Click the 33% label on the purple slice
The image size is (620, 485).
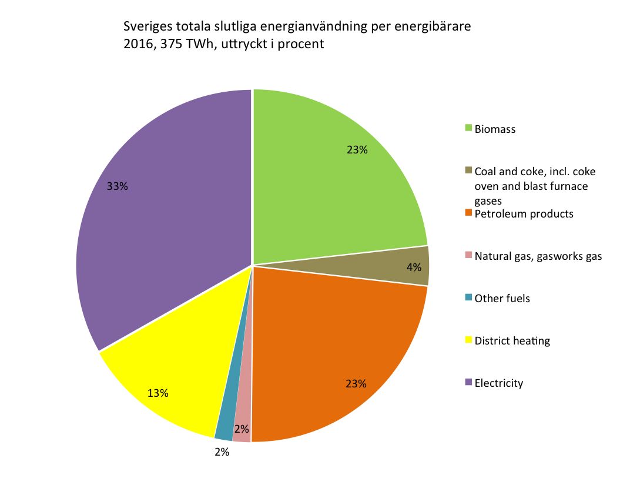click(x=118, y=186)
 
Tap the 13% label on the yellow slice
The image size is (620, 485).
click(x=158, y=393)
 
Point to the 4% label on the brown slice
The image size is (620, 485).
click(x=414, y=267)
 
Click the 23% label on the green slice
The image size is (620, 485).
click(x=357, y=150)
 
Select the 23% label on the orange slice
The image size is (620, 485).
click(x=356, y=384)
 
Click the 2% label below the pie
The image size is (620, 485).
click(x=222, y=452)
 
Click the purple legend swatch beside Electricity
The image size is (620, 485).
click(x=468, y=382)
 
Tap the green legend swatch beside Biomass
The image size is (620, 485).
click(x=468, y=128)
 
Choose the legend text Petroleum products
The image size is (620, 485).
click(x=524, y=214)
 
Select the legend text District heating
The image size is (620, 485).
click(x=512, y=341)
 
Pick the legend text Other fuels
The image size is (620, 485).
click(x=502, y=299)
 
